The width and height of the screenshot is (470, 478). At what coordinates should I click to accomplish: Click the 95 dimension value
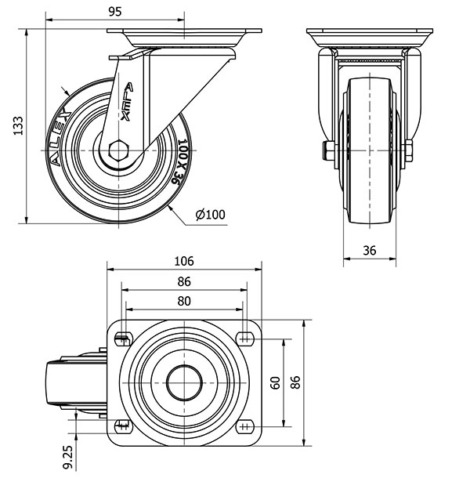[114, 12]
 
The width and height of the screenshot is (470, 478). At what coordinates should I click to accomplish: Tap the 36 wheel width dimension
[371, 250]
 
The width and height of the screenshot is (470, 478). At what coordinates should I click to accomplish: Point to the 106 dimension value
[184, 262]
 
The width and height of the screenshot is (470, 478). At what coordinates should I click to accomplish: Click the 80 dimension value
[184, 300]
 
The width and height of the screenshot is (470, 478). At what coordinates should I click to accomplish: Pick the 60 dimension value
[275, 382]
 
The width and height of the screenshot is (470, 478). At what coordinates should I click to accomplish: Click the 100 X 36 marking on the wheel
[179, 162]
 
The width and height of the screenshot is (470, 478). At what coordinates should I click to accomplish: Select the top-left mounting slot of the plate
[122, 339]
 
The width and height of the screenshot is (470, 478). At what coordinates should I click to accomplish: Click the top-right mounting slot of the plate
[246, 339]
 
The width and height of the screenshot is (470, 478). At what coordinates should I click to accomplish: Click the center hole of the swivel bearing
[184, 382]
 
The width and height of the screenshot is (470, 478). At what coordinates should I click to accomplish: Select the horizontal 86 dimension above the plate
[184, 281]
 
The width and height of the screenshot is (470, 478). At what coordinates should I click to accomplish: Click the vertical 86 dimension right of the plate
[295, 382]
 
